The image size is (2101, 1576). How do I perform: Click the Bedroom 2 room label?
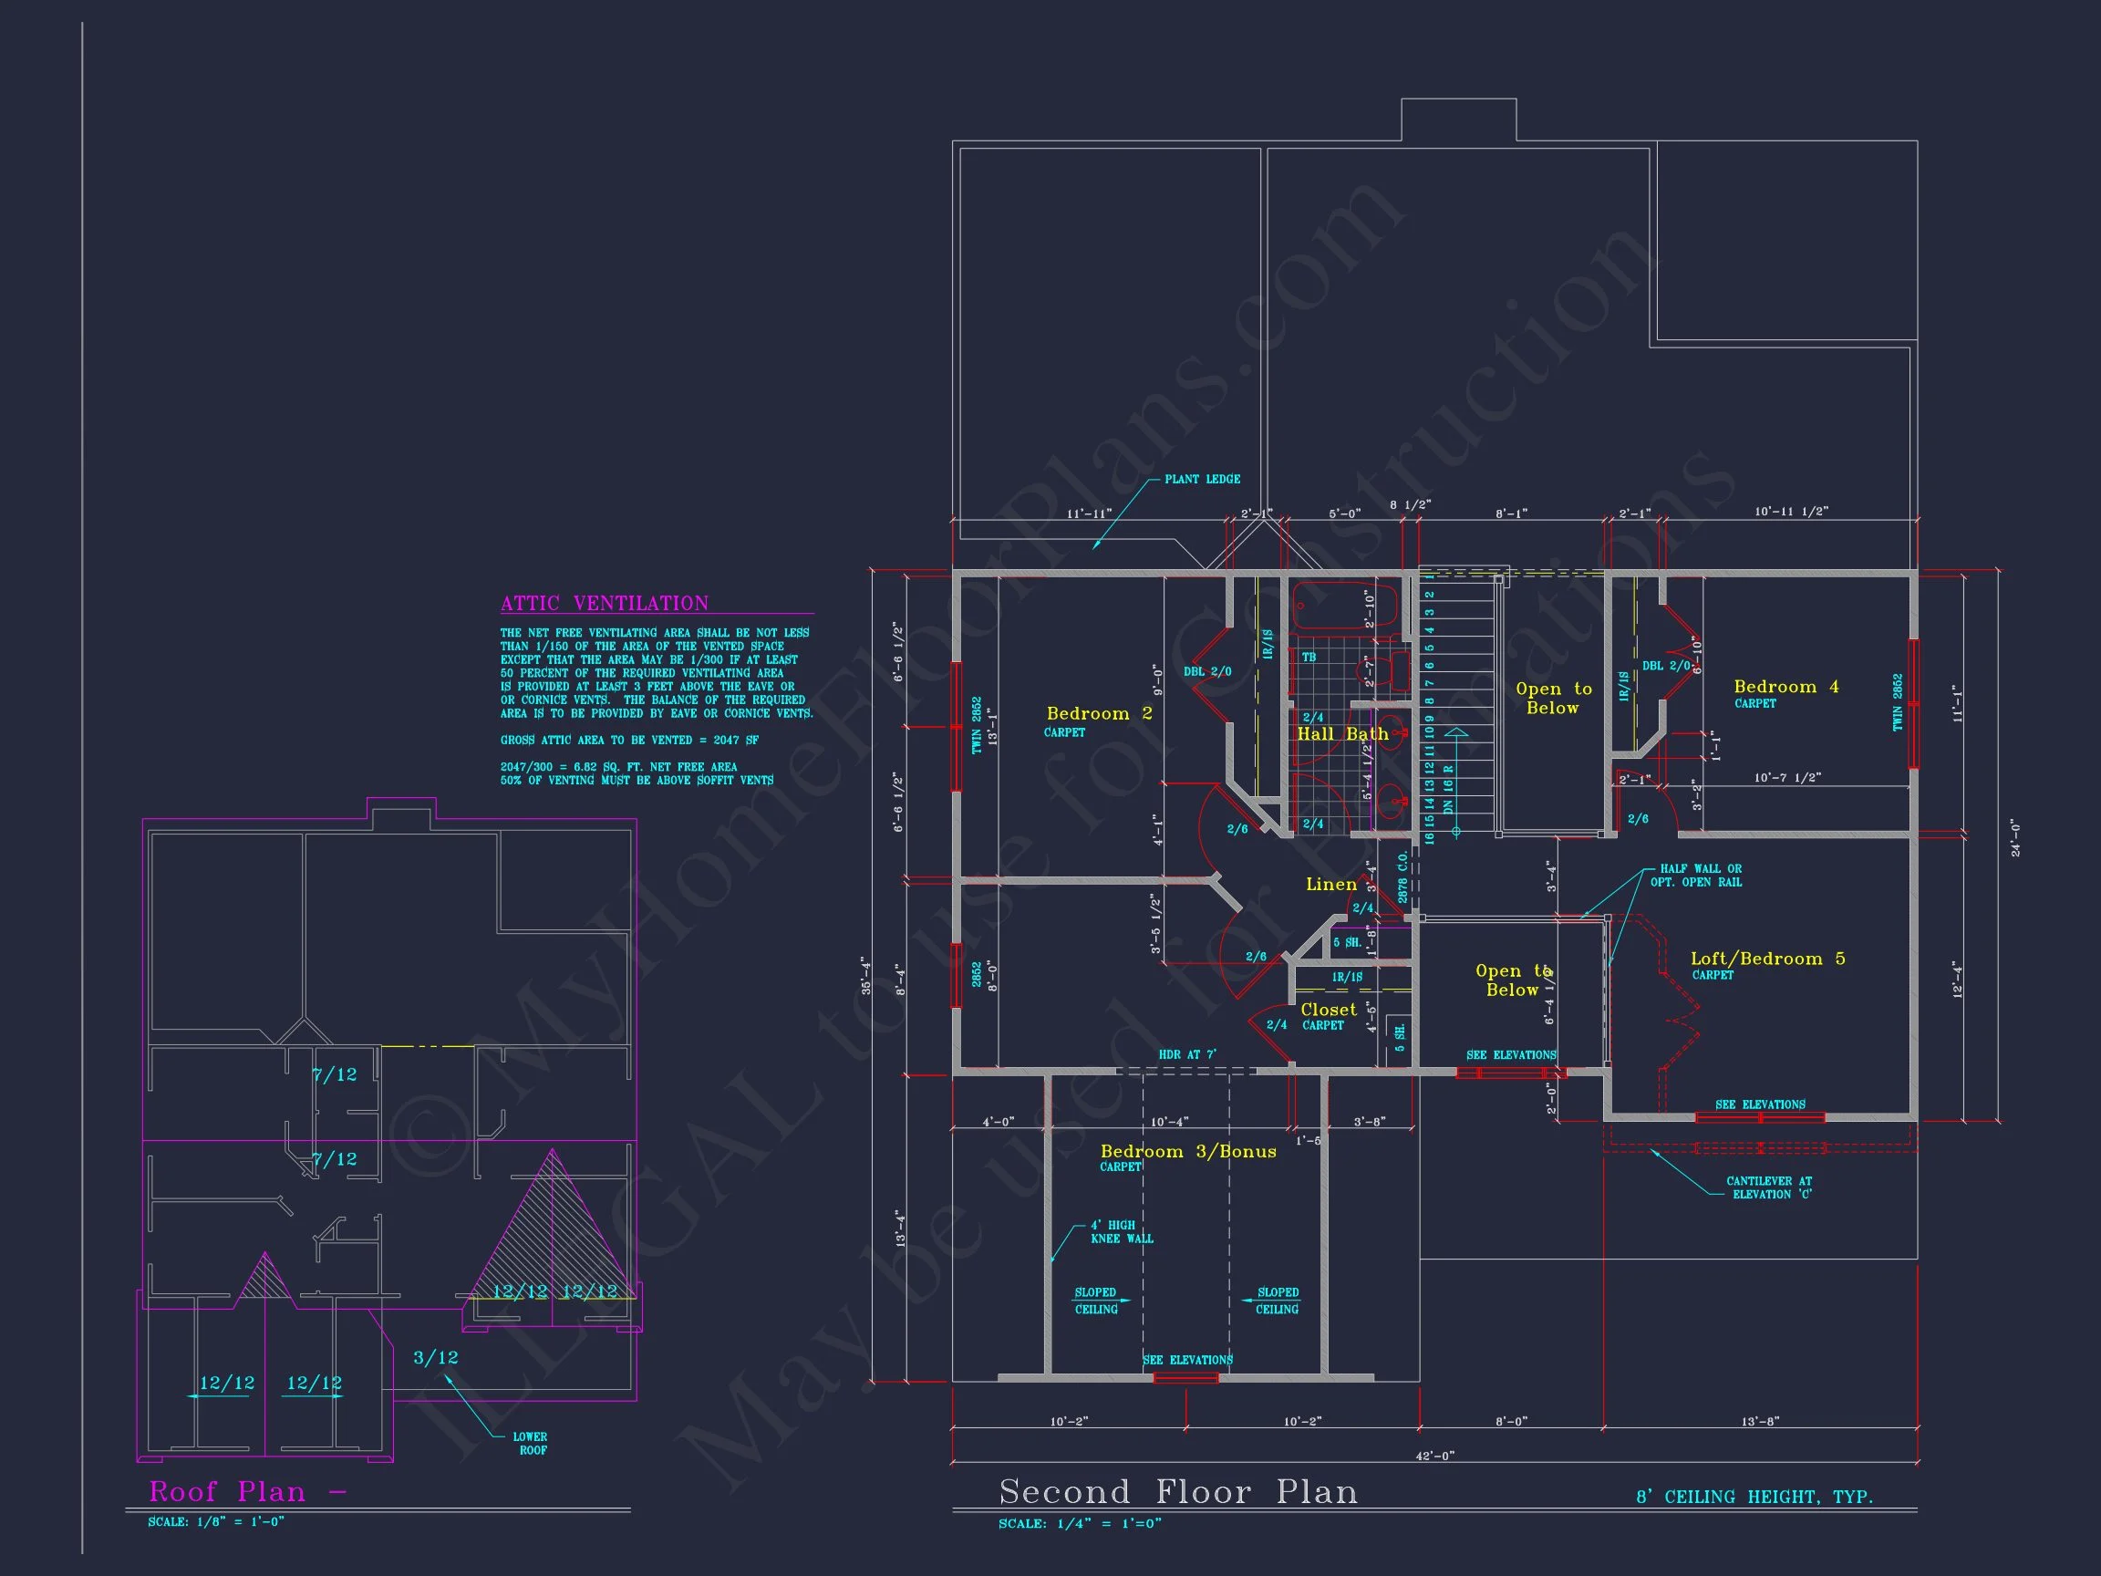(1099, 713)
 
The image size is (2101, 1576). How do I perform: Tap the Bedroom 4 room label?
(1785, 687)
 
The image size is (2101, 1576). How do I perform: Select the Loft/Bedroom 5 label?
(1767, 959)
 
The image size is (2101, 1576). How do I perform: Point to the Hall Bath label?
(1342, 733)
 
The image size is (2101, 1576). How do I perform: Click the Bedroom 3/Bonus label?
(1187, 1151)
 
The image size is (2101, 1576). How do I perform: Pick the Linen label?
(1330, 885)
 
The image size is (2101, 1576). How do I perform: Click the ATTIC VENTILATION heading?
(604, 603)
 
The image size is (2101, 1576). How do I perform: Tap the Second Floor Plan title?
(1178, 1492)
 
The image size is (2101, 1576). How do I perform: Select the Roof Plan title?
(228, 1491)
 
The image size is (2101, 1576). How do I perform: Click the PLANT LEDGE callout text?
(1202, 479)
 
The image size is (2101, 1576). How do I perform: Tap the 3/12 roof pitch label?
(435, 1357)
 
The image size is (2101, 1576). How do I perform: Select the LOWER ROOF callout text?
(530, 1443)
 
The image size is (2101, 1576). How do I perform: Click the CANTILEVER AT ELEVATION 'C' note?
(1768, 1187)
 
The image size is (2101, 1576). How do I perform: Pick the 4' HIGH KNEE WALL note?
(1121, 1232)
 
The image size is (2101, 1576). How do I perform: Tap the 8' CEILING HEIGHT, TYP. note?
(1754, 1498)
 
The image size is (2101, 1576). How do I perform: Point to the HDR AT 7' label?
(1186, 1054)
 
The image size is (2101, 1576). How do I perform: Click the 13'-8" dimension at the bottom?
(1759, 1422)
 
